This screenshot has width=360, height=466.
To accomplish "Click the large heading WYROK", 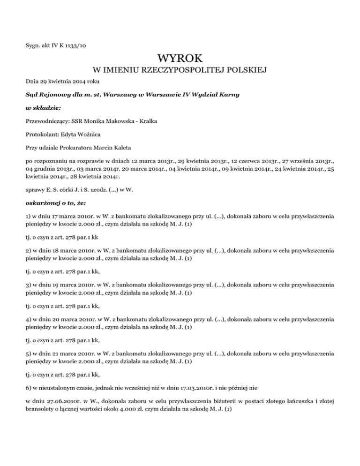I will pyautogui.click(x=180, y=59).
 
